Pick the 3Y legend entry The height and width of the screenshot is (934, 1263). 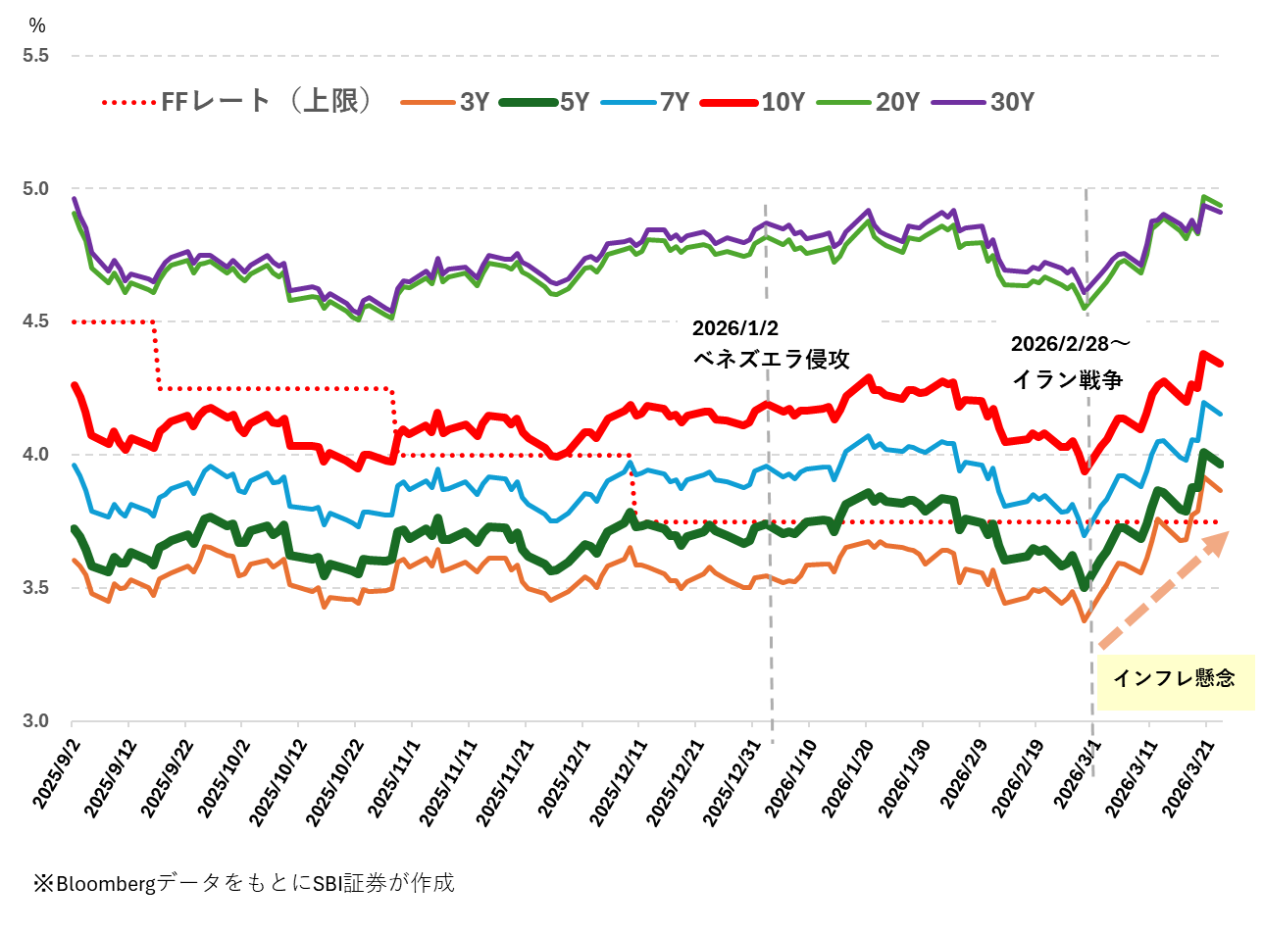coord(446,102)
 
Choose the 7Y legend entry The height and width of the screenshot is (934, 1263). coord(646,102)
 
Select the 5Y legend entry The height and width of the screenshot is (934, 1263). coord(545,102)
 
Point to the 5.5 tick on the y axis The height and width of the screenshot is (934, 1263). coord(35,56)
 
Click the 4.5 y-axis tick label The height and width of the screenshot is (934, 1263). coord(35,321)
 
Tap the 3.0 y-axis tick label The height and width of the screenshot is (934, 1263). coord(35,721)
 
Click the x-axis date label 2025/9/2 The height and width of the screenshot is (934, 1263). coord(57,774)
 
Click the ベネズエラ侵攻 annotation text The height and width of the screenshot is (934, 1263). coord(771,359)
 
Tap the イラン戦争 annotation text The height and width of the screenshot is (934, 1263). coord(1067,379)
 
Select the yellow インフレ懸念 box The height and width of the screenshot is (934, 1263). coord(1175,679)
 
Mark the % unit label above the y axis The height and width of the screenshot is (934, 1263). coord(37,25)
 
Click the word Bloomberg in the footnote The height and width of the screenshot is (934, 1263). coord(106,883)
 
